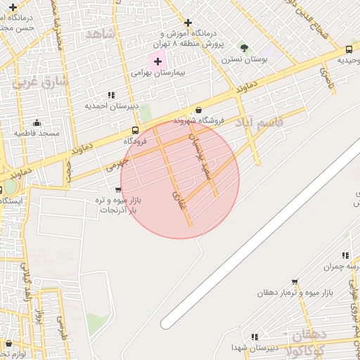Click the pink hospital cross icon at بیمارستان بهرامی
pyautogui.click(x=157, y=62)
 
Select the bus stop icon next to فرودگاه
pyautogui.click(x=136, y=130)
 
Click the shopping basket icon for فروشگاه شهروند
pyautogui.click(x=199, y=110)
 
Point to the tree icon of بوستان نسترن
pyautogui.click(x=244, y=47)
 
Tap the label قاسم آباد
pyautogui.click(x=259, y=123)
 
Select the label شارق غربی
pyautogui.click(x=33, y=81)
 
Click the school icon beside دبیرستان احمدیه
pyautogui.click(x=111, y=95)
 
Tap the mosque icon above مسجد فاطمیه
pyautogui.click(x=37, y=122)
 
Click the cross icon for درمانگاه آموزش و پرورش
pyautogui.click(x=188, y=23)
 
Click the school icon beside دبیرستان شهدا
pyautogui.click(x=254, y=337)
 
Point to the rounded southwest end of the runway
pyautogui.click(x=166, y=323)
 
